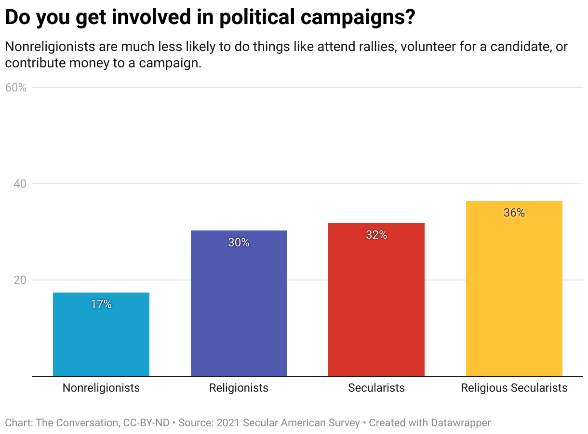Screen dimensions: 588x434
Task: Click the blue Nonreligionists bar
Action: (101, 334)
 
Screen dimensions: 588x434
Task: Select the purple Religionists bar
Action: (239, 303)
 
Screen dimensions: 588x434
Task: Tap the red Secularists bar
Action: (376, 300)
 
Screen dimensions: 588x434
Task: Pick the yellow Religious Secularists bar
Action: (514, 289)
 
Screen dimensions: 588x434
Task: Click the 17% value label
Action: (101, 304)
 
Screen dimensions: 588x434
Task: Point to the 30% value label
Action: (239, 243)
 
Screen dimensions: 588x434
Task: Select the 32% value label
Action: (376, 235)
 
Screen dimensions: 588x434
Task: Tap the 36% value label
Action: (514, 213)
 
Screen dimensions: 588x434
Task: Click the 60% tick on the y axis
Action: (15, 88)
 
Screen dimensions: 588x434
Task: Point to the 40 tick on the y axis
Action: (20, 184)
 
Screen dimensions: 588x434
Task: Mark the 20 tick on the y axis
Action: (20, 280)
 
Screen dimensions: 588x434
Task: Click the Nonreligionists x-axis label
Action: (101, 388)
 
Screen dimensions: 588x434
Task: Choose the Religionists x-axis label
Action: (239, 388)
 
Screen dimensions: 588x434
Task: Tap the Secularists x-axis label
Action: (376, 388)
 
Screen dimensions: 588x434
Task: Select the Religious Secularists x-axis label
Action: (514, 388)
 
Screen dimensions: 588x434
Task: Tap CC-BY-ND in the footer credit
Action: (146, 422)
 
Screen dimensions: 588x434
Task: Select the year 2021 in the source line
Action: (228, 422)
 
